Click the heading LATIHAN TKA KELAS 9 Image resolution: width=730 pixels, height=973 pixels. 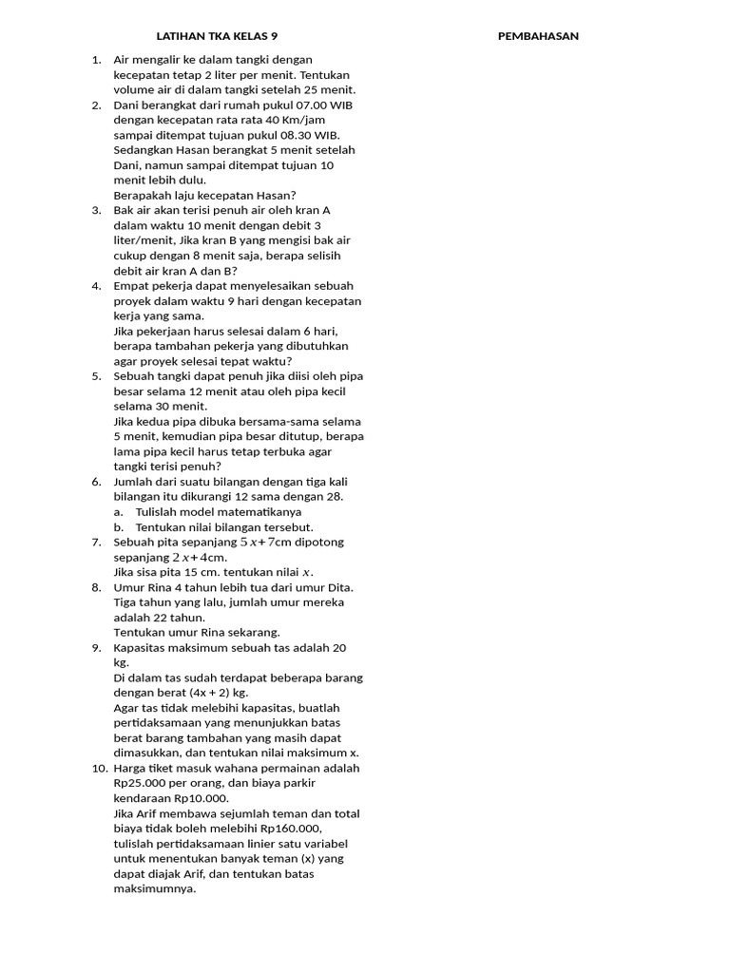tap(217, 36)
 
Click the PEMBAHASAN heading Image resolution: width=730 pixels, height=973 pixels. tap(538, 36)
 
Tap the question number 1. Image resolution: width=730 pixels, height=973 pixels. tap(96, 59)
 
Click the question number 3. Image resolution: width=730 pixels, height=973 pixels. tap(96, 210)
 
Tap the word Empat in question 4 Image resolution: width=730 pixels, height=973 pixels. tap(132, 285)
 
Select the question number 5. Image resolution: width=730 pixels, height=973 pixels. tap(96, 376)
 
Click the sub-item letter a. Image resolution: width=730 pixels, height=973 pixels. tap(118, 512)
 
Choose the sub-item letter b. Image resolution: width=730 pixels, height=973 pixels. tap(118, 527)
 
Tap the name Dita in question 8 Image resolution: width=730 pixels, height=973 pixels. tap(327, 587)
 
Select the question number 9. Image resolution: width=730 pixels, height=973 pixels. tap(96, 648)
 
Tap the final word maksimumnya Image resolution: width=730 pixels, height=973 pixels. tap(154, 889)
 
